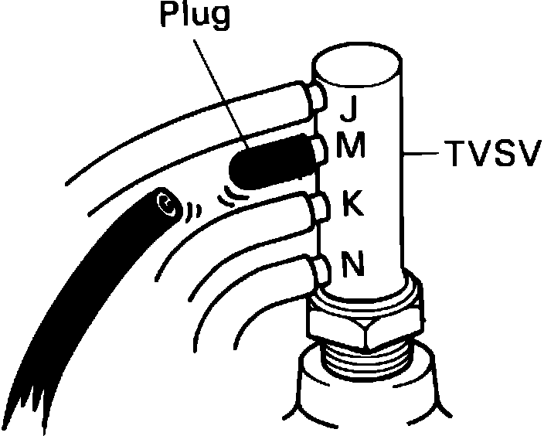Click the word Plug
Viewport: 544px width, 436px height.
(195, 17)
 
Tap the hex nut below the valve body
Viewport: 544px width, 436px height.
(363, 326)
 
